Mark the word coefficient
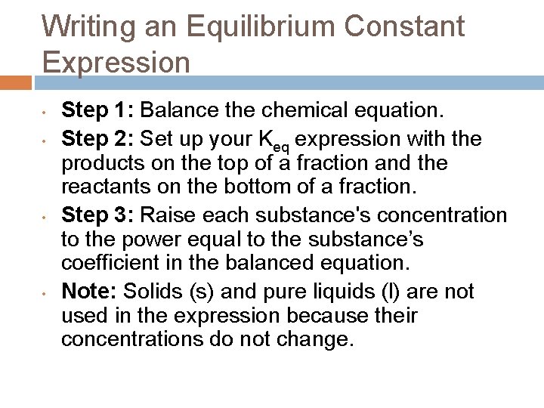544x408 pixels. [x=107, y=264]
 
